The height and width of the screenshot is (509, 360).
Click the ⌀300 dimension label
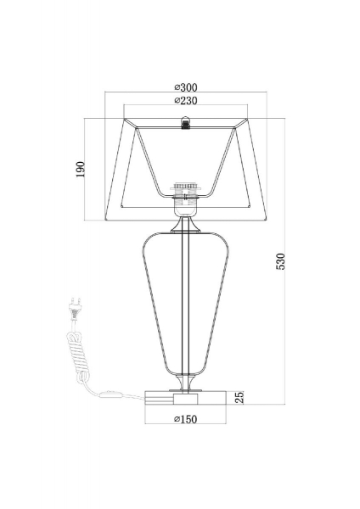click(x=186, y=87)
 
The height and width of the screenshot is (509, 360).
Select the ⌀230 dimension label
click(x=186, y=101)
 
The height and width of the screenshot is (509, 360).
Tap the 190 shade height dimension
click(x=81, y=169)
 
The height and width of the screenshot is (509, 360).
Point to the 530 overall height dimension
click(x=280, y=261)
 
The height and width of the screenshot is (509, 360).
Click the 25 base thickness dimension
click(x=239, y=398)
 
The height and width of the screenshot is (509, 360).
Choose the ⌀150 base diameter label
click(x=186, y=419)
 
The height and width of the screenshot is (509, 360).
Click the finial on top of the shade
click(x=186, y=123)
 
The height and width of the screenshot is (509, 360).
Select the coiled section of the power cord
click(x=79, y=355)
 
